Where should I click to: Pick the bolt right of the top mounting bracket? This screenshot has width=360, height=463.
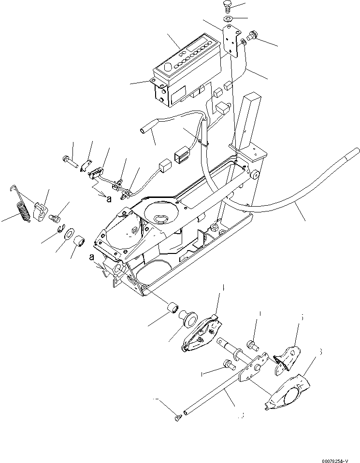[x=251, y=35]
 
